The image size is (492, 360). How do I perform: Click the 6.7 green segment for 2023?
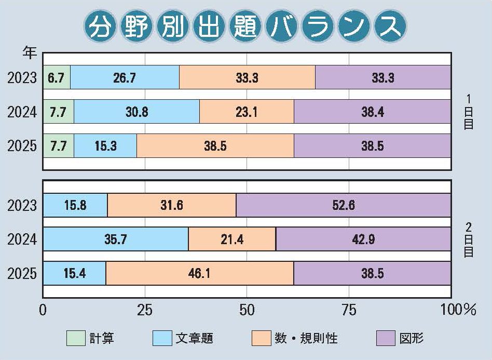(56, 77)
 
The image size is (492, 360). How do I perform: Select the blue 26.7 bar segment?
(125, 77)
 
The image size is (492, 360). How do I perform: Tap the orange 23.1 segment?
(247, 112)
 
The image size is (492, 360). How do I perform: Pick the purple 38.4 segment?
(372, 112)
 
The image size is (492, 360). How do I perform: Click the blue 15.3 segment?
(105, 146)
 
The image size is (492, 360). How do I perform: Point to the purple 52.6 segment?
(343, 205)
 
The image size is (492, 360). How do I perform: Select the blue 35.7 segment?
(115, 239)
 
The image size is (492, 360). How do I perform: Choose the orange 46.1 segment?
(200, 273)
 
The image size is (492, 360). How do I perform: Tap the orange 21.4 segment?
(232, 239)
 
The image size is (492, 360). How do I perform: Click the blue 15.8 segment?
(75, 205)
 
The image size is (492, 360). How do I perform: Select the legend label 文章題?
(195, 339)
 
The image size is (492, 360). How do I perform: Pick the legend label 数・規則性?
(306, 339)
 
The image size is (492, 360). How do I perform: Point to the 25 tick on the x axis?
(144, 311)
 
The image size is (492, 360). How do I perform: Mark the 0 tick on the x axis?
(43, 311)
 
